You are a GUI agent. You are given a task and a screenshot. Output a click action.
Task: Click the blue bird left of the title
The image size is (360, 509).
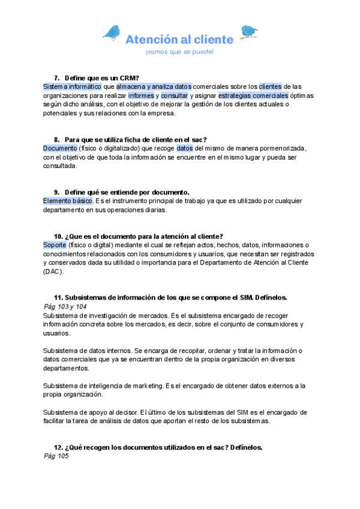112,32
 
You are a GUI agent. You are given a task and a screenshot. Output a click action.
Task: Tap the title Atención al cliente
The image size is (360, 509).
179,40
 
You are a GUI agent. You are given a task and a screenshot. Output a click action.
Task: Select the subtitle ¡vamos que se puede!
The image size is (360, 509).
179,52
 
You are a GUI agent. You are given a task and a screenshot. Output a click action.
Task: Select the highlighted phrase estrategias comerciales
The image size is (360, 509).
253,95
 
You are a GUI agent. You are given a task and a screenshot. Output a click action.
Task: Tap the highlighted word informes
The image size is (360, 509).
141,95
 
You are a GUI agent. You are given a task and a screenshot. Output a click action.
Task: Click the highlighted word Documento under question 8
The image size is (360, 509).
60,148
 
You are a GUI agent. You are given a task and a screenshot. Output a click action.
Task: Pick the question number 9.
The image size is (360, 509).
57,192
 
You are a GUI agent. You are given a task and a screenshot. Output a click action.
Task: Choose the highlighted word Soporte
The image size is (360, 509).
55,245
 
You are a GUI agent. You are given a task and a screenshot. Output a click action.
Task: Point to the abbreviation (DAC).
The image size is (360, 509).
52,272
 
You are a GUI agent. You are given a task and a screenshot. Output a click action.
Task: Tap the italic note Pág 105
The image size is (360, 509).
56,456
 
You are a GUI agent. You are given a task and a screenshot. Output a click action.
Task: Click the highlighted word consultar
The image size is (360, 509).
174,95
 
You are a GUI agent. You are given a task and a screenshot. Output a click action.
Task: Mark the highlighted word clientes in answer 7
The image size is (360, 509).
270,86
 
